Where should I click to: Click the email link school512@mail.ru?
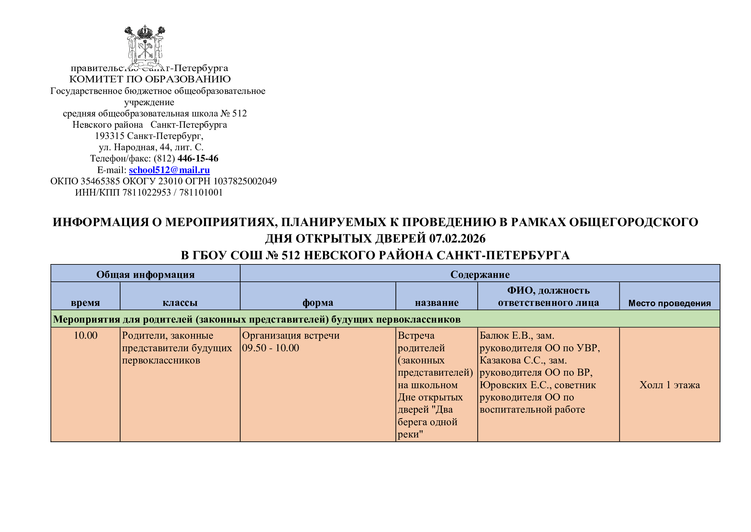click(x=169, y=170)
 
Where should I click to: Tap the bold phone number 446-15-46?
click(x=197, y=159)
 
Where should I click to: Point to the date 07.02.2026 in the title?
click(x=457, y=238)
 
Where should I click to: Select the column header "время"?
click(x=85, y=302)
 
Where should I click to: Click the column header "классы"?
click(x=180, y=302)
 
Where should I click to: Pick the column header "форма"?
click(x=318, y=302)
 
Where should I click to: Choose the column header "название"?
click(x=436, y=302)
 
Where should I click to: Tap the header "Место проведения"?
click(x=669, y=303)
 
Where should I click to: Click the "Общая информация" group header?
click(x=145, y=274)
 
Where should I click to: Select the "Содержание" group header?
click(x=479, y=274)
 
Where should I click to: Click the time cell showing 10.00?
click(x=85, y=335)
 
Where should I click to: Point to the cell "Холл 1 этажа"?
click(x=669, y=385)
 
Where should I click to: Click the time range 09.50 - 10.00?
click(x=270, y=348)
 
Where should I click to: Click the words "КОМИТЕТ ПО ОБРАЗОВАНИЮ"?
click(x=150, y=79)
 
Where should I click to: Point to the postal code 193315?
click(x=109, y=136)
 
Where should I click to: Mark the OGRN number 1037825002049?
click(x=245, y=181)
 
